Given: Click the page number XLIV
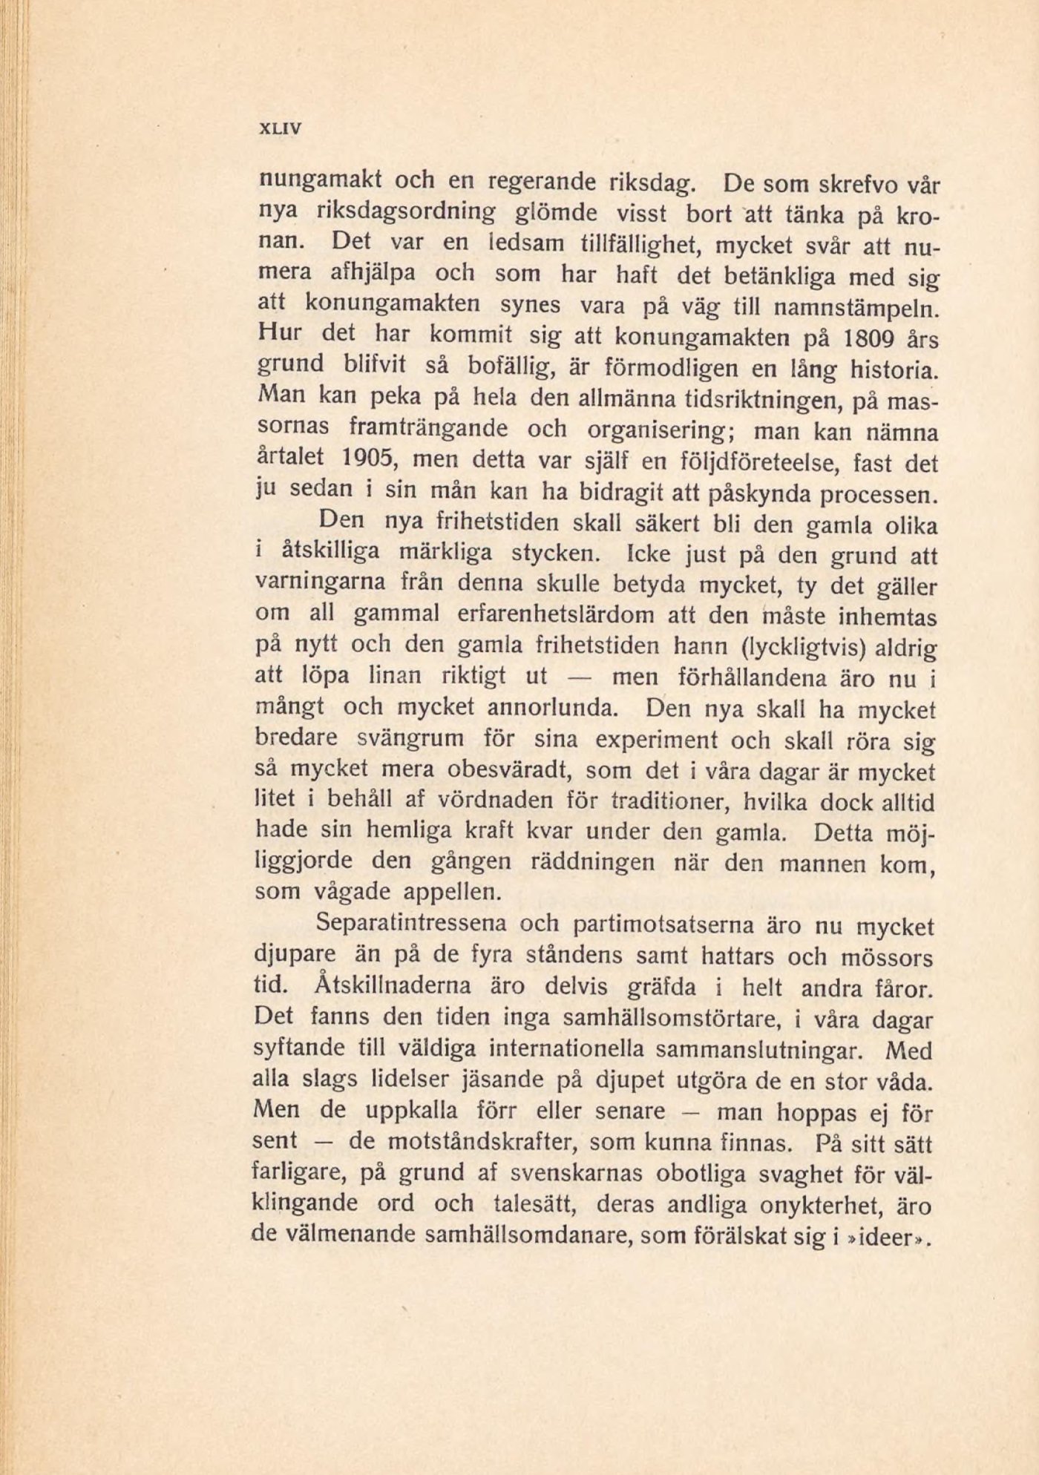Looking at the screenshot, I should pyautogui.click(x=279, y=128).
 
